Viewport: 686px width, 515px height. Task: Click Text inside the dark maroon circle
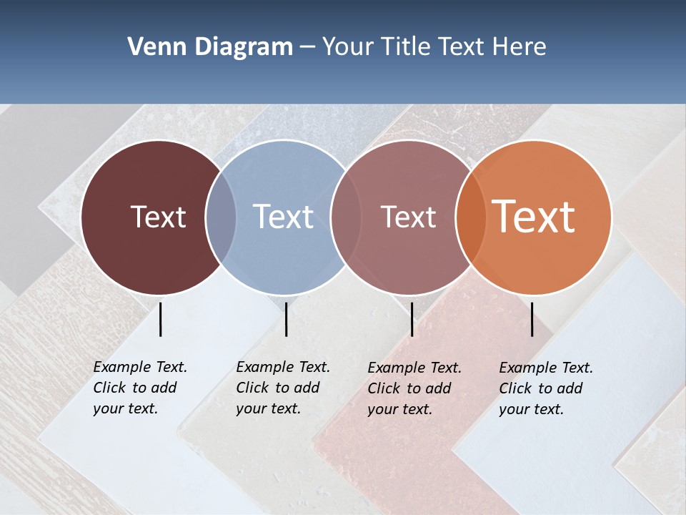coord(158,217)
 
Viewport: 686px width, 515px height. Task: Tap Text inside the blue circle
coord(284,217)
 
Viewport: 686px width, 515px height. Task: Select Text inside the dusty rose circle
coord(408,217)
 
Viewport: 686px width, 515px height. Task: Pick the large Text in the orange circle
coord(534,217)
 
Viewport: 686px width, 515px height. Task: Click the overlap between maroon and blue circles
coord(221,217)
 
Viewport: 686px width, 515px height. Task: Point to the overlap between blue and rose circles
coord(344,217)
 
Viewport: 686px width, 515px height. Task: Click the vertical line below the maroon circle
coord(161,319)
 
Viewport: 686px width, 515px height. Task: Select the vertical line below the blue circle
coord(286,319)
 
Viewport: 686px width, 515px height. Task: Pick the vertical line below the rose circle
coord(412,319)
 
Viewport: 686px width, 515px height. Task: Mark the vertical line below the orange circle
coord(532,319)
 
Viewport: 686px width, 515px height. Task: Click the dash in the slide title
coord(307,48)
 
